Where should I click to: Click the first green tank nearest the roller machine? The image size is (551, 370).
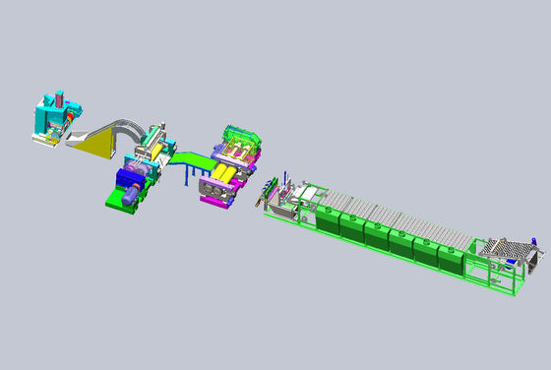326,220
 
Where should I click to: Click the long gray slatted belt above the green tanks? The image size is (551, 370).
394,216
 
